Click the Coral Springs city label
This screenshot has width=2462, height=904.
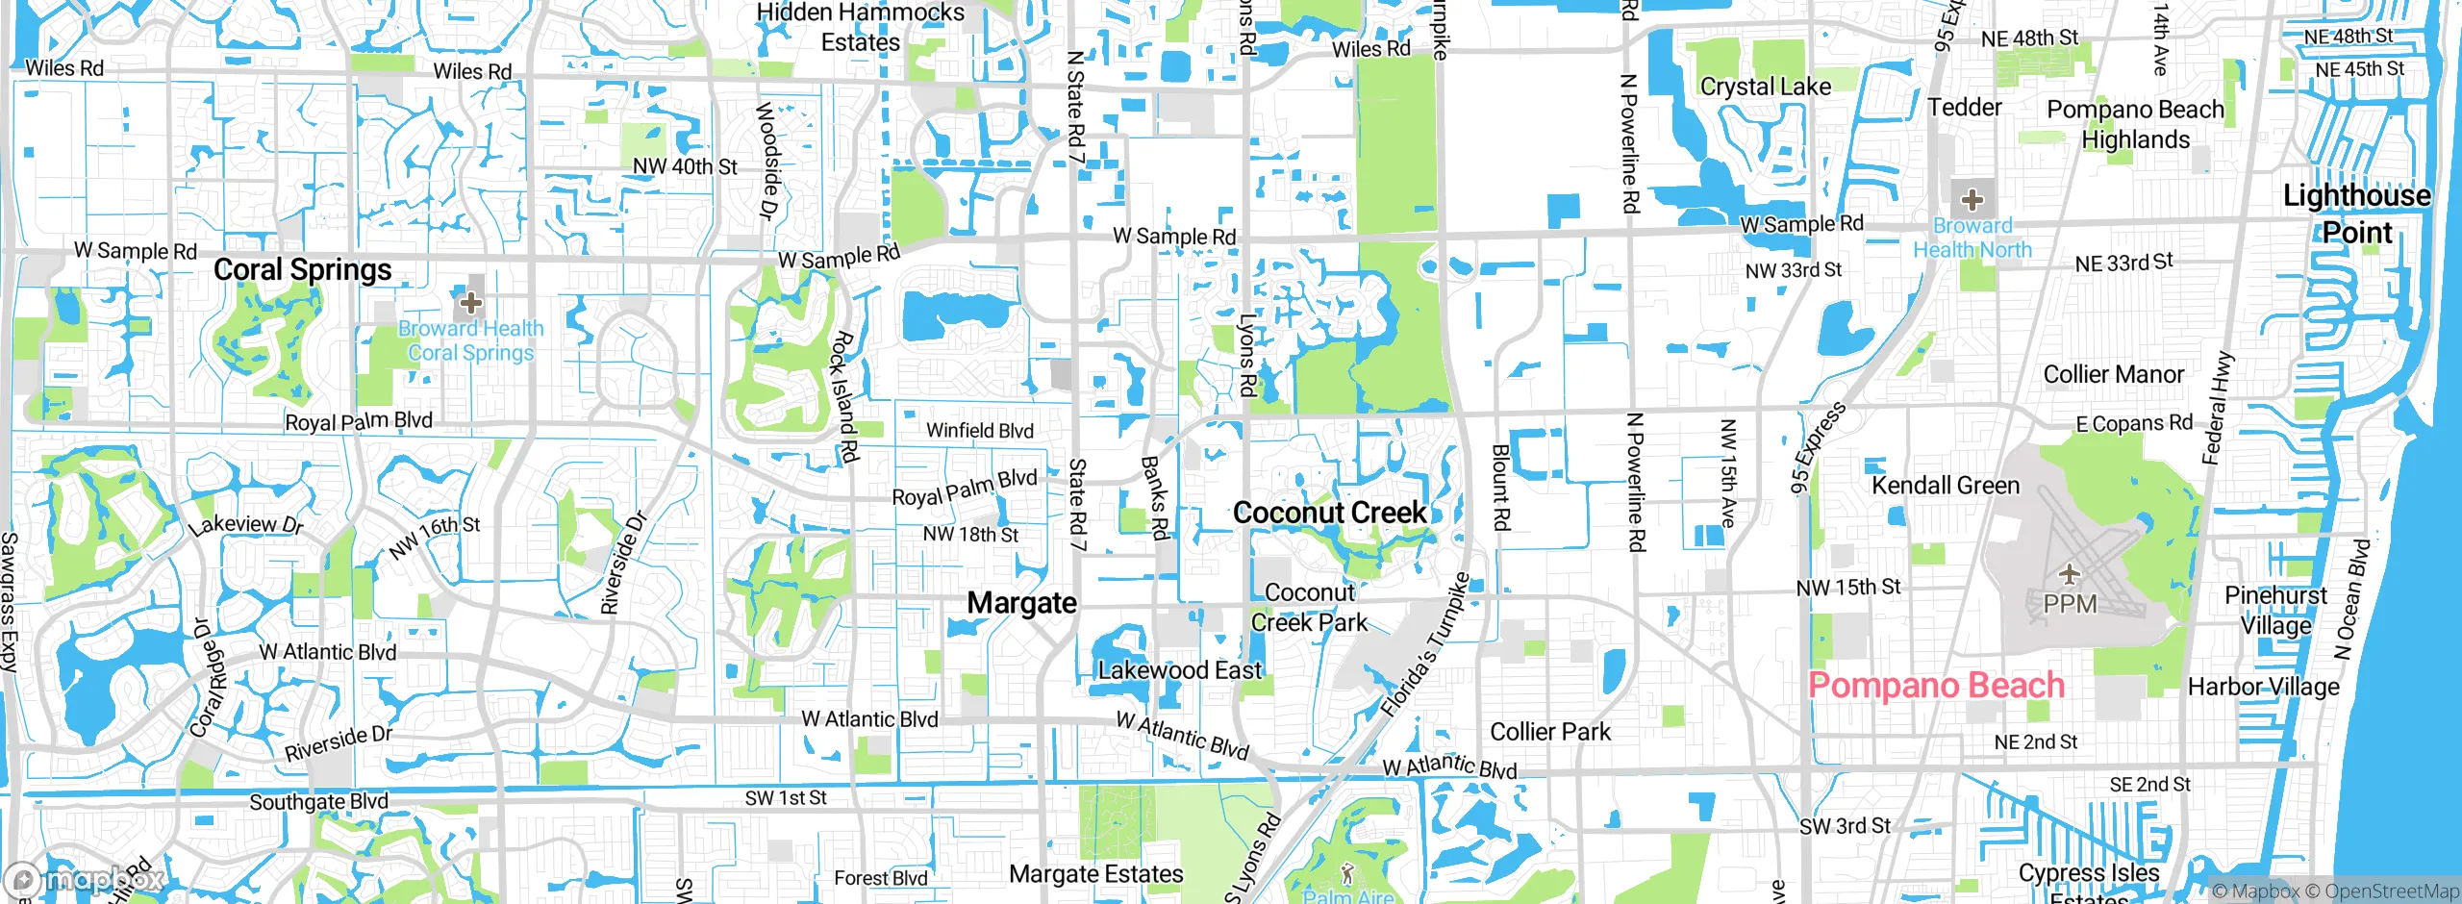[302, 270]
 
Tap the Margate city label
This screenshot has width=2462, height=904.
[1021, 603]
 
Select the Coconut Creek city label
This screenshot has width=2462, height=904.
[1329, 513]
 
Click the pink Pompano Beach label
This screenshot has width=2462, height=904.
[1936, 685]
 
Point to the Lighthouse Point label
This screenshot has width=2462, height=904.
[2356, 213]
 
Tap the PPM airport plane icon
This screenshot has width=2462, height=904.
[2069, 575]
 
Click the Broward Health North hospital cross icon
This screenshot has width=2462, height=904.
[1972, 200]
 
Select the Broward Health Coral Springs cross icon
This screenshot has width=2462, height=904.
[470, 304]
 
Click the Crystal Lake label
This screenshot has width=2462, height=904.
[1765, 87]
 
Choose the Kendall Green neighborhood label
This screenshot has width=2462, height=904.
[1945, 486]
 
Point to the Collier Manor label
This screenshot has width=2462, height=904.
[2113, 374]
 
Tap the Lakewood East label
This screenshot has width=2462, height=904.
[1179, 670]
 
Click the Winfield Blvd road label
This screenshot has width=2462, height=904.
[979, 431]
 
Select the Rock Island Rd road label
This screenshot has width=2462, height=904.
[843, 397]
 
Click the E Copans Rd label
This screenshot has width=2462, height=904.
[2134, 423]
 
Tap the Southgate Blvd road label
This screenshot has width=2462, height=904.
[318, 801]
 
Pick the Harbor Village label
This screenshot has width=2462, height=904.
[2263, 687]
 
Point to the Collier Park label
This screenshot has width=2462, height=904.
[1549, 732]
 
